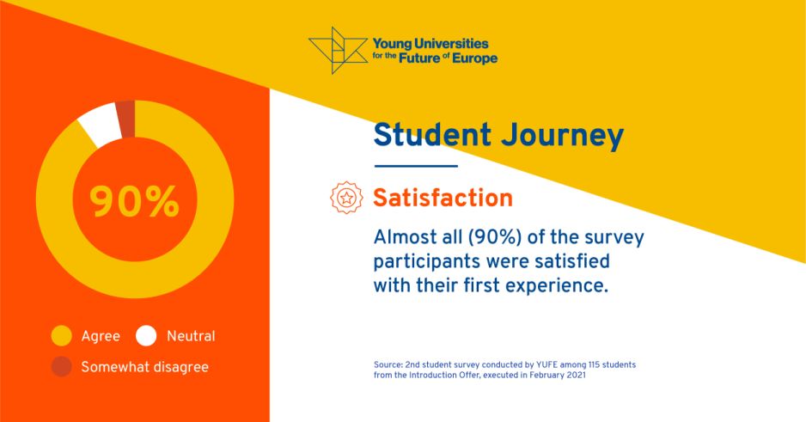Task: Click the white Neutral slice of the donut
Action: pos(101,125)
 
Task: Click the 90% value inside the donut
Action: pos(135,201)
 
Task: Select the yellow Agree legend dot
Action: pos(61,336)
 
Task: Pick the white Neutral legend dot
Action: pos(146,336)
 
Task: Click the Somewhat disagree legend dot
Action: pos(61,366)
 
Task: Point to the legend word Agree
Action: pos(101,337)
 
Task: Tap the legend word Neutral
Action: pos(192,336)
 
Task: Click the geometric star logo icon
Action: pos(338,51)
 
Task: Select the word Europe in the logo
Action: pos(475,58)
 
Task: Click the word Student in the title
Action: pos(432,135)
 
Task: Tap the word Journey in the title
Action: pos(562,137)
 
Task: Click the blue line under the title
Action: pos(416,166)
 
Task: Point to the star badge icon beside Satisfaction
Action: pos(346,198)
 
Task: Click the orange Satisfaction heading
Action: pos(443,198)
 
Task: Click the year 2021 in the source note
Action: pos(577,376)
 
